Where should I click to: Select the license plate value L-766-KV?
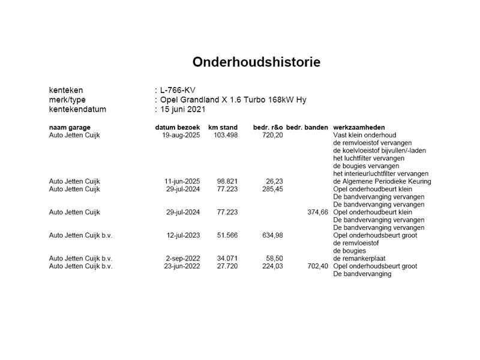point(181,90)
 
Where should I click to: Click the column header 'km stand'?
point(223,128)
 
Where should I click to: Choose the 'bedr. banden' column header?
point(307,128)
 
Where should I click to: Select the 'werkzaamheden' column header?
point(358,128)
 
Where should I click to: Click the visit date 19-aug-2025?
point(180,135)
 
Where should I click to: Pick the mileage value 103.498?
point(226,135)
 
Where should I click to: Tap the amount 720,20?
point(271,135)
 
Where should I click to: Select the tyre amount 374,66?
point(316,212)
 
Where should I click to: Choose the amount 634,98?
point(271,235)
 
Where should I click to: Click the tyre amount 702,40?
point(316,266)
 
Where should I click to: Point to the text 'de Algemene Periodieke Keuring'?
point(382,181)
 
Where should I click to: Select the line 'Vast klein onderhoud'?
point(364,135)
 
